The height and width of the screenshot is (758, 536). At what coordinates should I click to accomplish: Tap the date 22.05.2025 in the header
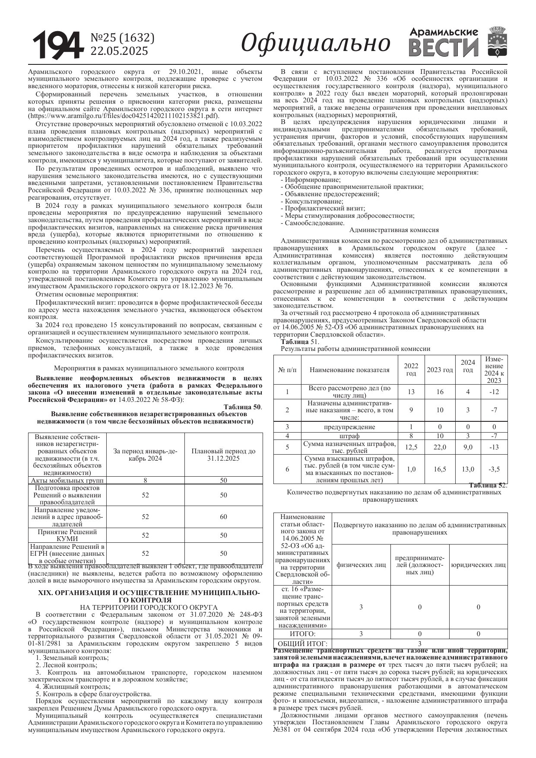tap(119, 51)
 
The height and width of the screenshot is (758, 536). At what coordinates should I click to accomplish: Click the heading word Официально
tap(315, 44)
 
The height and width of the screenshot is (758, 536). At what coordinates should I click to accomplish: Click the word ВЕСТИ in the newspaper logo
tap(444, 48)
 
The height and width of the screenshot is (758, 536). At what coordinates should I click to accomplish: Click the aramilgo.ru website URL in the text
tap(122, 116)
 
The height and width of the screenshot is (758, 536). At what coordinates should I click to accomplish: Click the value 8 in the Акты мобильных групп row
tap(145, 481)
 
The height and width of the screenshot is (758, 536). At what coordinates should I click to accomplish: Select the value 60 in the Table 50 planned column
tap(223, 516)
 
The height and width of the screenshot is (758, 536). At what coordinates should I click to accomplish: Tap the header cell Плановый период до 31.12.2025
tap(223, 455)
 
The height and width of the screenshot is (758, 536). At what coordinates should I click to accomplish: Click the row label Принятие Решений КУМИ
tap(67, 535)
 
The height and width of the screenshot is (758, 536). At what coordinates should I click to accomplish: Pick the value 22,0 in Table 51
tap(439, 447)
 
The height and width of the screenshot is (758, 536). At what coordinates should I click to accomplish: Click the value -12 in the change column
tap(494, 392)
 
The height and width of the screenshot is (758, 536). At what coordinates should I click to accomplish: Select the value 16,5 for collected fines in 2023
tap(439, 469)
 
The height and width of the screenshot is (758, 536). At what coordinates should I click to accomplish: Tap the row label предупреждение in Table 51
tap(349, 427)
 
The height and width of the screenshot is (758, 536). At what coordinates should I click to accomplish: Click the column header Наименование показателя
tap(349, 370)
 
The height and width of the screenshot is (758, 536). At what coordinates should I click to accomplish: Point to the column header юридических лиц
tap(478, 564)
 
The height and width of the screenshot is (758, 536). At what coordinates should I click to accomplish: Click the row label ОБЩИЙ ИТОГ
tap(302, 643)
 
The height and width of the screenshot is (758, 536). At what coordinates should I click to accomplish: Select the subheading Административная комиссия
tap(393, 230)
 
